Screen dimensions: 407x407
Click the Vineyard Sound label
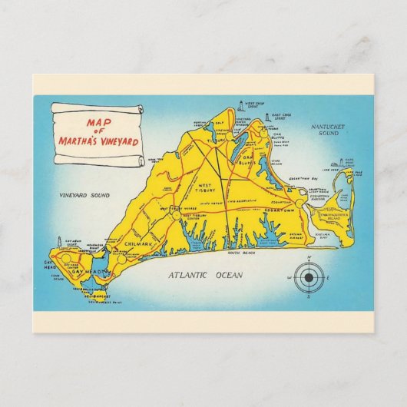tap(87, 196)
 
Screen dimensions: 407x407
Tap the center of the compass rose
tap(309, 276)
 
